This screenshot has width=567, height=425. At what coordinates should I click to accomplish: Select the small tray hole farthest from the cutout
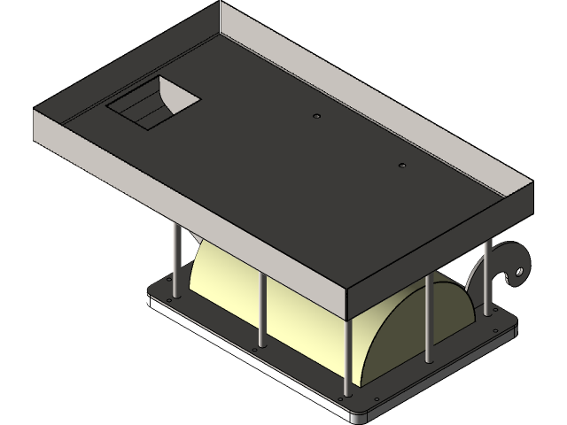coord(401,166)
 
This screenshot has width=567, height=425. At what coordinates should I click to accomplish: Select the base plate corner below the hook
coord(512,328)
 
